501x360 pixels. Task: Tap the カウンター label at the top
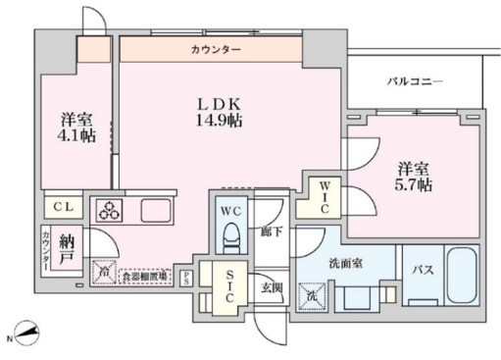(x=210, y=48)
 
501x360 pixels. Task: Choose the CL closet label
(x=63, y=207)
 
